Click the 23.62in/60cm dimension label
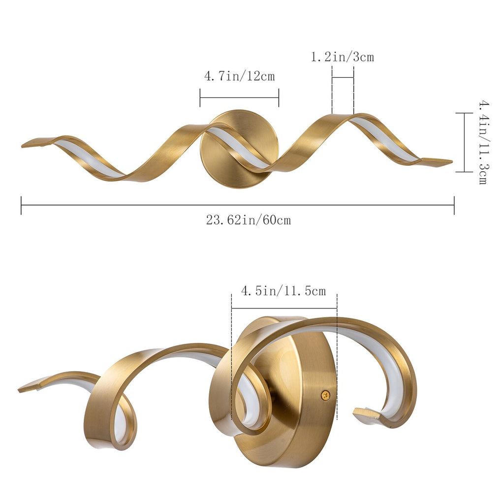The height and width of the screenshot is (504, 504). click(x=248, y=220)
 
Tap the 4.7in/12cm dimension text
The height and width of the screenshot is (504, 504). click(x=239, y=76)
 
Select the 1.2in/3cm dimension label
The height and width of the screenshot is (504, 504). click(x=342, y=57)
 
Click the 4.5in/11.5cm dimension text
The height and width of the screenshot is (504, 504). click(x=283, y=291)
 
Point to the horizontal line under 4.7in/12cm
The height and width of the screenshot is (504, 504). click(x=239, y=97)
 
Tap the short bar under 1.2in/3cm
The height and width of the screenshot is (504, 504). click(x=343, y=78)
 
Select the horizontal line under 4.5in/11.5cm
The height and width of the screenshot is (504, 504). click(x=284, y=308)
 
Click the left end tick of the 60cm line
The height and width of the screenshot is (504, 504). click(x=21, y=205)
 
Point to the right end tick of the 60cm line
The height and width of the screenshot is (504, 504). click(x=454, y=205)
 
